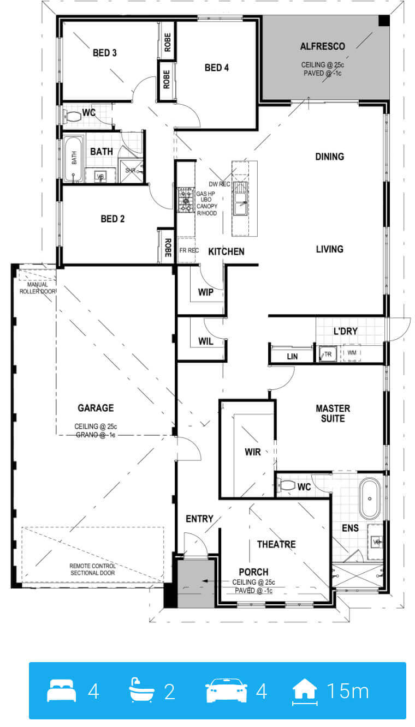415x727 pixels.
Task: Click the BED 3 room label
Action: [104, 52]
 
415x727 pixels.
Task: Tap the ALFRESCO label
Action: [322, 46]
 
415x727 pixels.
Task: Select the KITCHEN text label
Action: [226, 251]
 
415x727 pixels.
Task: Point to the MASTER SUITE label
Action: [333, 413]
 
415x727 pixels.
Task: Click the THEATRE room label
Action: [276, 544]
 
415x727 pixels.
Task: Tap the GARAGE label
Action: [96, 407]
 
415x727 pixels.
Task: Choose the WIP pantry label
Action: [206, 292]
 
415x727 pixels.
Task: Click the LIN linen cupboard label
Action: [292, 356]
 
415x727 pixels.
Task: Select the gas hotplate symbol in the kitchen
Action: [186, 200]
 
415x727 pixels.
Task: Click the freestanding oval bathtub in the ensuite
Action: [369, 498]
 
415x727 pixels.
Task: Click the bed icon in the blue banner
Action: [62, 690]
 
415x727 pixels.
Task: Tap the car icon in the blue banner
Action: [226, 690]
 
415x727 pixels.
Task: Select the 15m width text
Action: [348, 691]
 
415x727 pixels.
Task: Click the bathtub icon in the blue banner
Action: [142, 690]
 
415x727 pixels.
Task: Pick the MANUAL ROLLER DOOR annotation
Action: [37, 288]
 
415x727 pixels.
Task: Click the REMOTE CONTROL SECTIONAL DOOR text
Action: [93, 569]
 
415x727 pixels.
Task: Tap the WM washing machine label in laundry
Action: [352, 352]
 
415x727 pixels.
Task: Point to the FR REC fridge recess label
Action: [189, 250]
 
